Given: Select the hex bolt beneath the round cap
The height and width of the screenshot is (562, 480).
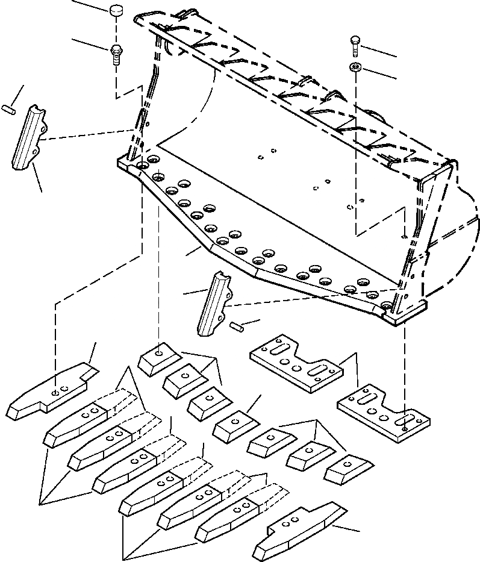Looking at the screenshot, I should (116, 54).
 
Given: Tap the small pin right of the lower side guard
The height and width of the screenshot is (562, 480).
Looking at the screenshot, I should (236, 326).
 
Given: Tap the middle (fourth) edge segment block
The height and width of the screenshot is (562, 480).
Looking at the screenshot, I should (234, 426).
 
